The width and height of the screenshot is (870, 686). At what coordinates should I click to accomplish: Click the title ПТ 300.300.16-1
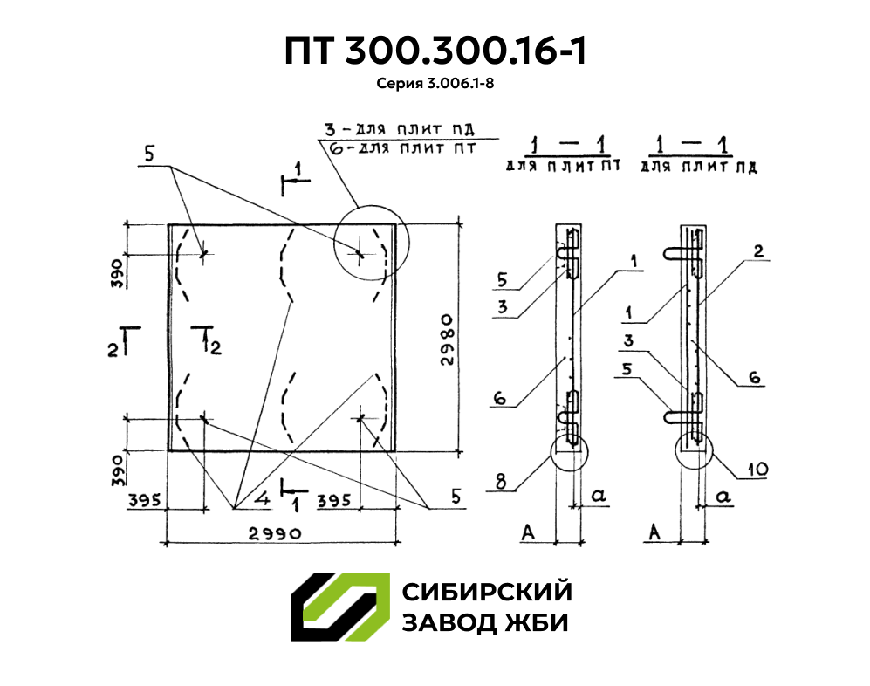tap(435, 51)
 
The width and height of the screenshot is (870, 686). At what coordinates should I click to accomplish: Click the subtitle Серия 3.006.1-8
tap(435, 83)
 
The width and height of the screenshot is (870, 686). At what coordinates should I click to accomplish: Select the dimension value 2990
tap(275, 533)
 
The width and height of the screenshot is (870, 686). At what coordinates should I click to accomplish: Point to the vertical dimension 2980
tap(447, 340)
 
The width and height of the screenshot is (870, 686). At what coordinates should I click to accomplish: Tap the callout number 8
tap(501, 481)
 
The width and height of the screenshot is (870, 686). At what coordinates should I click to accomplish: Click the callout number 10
tap(757, 470)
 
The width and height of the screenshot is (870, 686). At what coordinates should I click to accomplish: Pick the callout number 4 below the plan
tap(263, 497)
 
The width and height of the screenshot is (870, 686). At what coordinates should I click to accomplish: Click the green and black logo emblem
tap(339, 607)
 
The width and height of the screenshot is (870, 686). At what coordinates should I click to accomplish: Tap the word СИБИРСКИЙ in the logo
tap(487, 592)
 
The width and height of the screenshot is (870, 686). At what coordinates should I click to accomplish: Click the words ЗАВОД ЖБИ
tap(485, 623)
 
